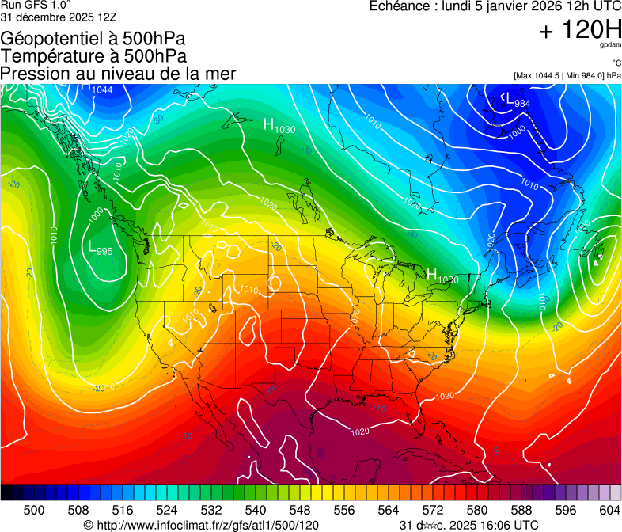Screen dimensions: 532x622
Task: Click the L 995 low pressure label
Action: pyautogui.click(x=99, y=248)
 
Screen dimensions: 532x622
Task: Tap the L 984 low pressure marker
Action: pyautogui.click(x=518, y=101)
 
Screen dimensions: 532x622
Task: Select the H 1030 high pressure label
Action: pyautogui.click(x=279, y=126)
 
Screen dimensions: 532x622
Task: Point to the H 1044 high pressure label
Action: pyautogui.click(x=97, y=88)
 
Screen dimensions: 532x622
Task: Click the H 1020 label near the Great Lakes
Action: pyautogui.click(x=442, y=276)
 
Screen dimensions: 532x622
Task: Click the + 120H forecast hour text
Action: pyautogui.click(x=579, y=31)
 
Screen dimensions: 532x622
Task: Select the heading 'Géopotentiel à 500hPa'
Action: pyautogui.click(x=93, y=39)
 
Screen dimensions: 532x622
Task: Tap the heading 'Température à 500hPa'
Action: pyautogui.click(x=93, y=56)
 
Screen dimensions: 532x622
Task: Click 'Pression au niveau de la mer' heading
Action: pyautogui.click(x=118, y=74)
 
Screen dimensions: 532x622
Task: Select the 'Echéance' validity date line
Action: pyautogui.click(x=495, y=7)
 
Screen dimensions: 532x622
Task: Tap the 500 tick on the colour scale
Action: pyautogui.click(x=34, y=509)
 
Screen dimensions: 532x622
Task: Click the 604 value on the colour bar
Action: pyautogui.click(x=609, y=509)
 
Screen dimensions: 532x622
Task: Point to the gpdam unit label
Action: pyautogui.click(x=609, y=45)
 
